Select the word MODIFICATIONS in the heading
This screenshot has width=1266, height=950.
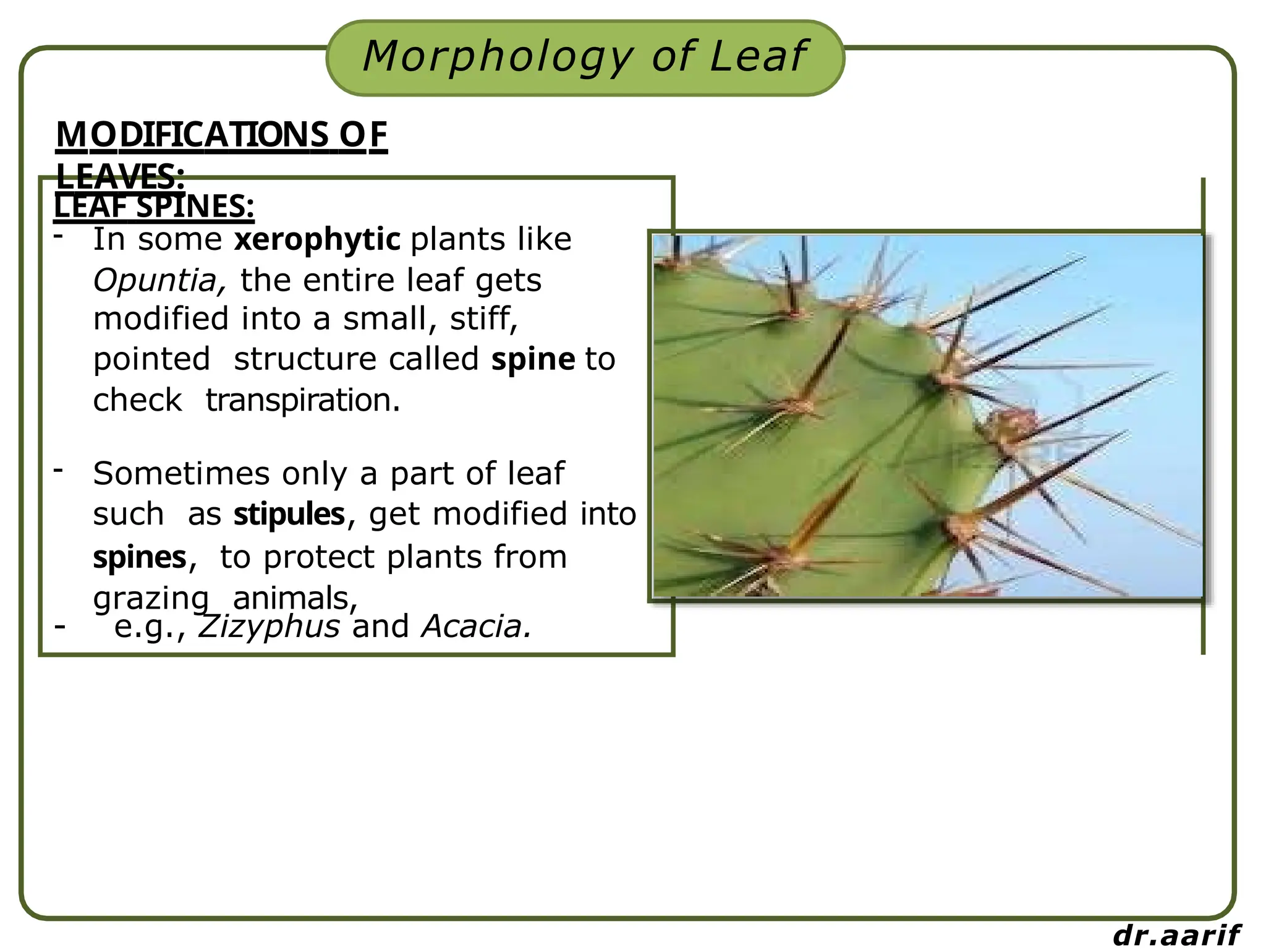[x=192, y=135]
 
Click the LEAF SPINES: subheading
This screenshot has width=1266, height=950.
[x=154, y=207]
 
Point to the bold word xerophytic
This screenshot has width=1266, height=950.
[x=317, y=239]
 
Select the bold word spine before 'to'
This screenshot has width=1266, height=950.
[x=533, y=359]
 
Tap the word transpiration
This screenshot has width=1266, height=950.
[x=303, y=400]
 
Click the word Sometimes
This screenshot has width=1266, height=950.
[x=181, y=474]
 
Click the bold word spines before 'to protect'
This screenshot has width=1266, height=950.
[x=140, y=557]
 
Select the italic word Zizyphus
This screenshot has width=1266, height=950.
[x=269, y=627]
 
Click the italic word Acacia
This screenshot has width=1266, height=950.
[x=475, y=627]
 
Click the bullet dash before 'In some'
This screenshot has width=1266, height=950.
[x=59, y=236]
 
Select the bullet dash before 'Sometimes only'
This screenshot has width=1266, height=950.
[x=59, y=470]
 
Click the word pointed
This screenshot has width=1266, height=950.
[x=151, y=359]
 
